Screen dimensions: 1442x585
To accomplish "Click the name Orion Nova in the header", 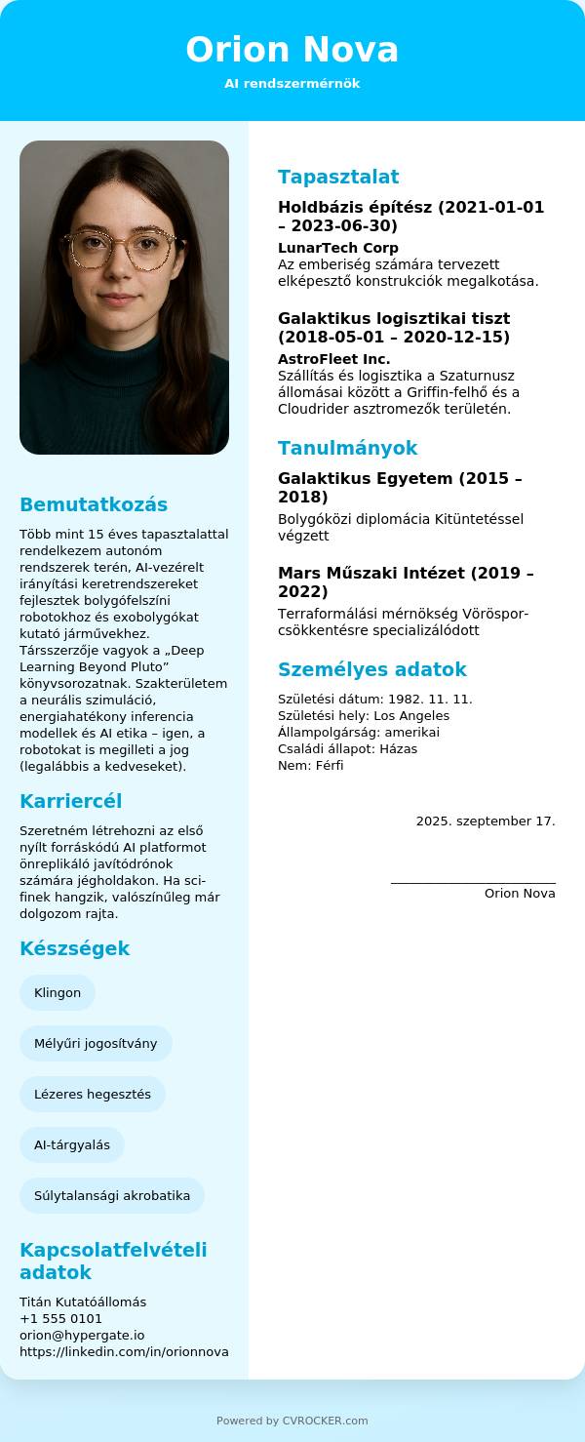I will coord(292,50).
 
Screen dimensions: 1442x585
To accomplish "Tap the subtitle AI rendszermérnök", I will coord(292,84).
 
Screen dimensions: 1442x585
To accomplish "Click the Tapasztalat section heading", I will coord(338,177).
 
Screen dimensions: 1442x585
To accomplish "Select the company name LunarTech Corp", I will coord(337,248).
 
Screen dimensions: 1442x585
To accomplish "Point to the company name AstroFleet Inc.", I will coord(333,359).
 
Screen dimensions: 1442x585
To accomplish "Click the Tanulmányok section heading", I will coord(347,448).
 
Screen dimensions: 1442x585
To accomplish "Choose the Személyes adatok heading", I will coord(371,669).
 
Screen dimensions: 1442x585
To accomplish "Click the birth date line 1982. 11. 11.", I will coord(374,700).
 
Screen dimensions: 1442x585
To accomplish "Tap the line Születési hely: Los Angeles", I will coord(363,716).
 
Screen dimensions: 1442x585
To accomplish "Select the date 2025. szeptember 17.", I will coord(486,821).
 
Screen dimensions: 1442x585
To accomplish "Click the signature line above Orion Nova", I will coord(473,883).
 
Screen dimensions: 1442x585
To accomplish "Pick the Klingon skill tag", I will coord(58,993).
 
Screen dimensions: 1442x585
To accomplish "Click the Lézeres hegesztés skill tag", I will coord(93,1095).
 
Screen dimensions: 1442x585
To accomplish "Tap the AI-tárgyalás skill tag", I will coord(72,1145).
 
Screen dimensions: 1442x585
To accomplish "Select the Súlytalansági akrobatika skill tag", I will coord(112,1196).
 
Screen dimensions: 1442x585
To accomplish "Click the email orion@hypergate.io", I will coord(82,1336).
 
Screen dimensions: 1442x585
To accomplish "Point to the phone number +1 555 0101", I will coord(60,1319).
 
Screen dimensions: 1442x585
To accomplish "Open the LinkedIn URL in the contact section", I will coord(124,1352).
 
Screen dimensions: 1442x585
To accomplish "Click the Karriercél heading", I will coord(70,801).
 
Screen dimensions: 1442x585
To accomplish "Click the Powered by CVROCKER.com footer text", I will coord(292,1421).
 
